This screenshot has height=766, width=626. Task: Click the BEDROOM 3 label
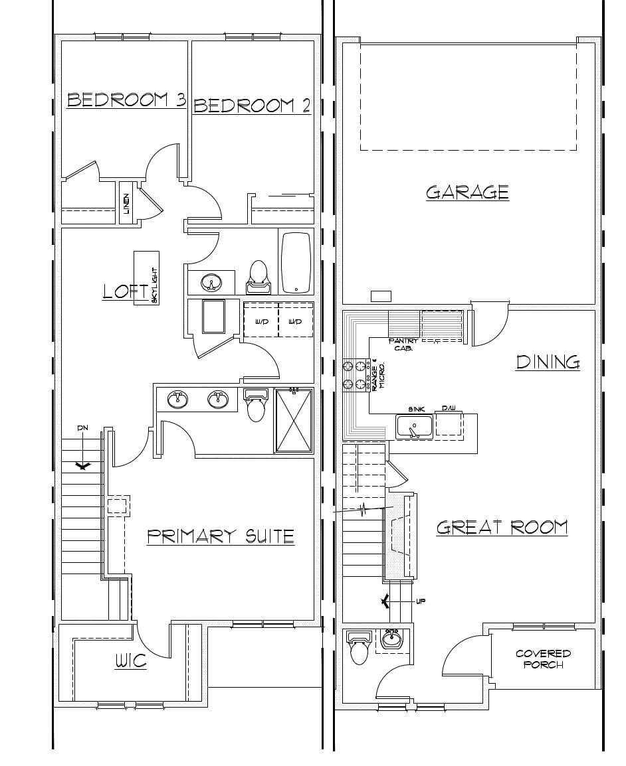126,100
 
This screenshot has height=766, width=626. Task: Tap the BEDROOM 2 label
251,106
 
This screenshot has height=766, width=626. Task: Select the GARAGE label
467,192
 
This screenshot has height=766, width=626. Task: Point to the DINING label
548,362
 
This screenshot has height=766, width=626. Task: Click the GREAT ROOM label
502,528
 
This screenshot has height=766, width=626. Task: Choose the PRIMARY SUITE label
220,536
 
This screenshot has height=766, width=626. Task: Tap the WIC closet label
131,661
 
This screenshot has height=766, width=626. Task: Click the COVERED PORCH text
543,659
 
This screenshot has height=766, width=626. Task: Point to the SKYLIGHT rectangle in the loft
147,277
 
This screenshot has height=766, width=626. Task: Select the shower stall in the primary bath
294,421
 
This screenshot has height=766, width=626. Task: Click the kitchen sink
414,427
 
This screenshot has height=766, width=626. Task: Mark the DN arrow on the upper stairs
83,465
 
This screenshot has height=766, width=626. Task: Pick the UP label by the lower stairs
420,601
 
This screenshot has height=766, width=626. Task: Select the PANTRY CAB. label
403,344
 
